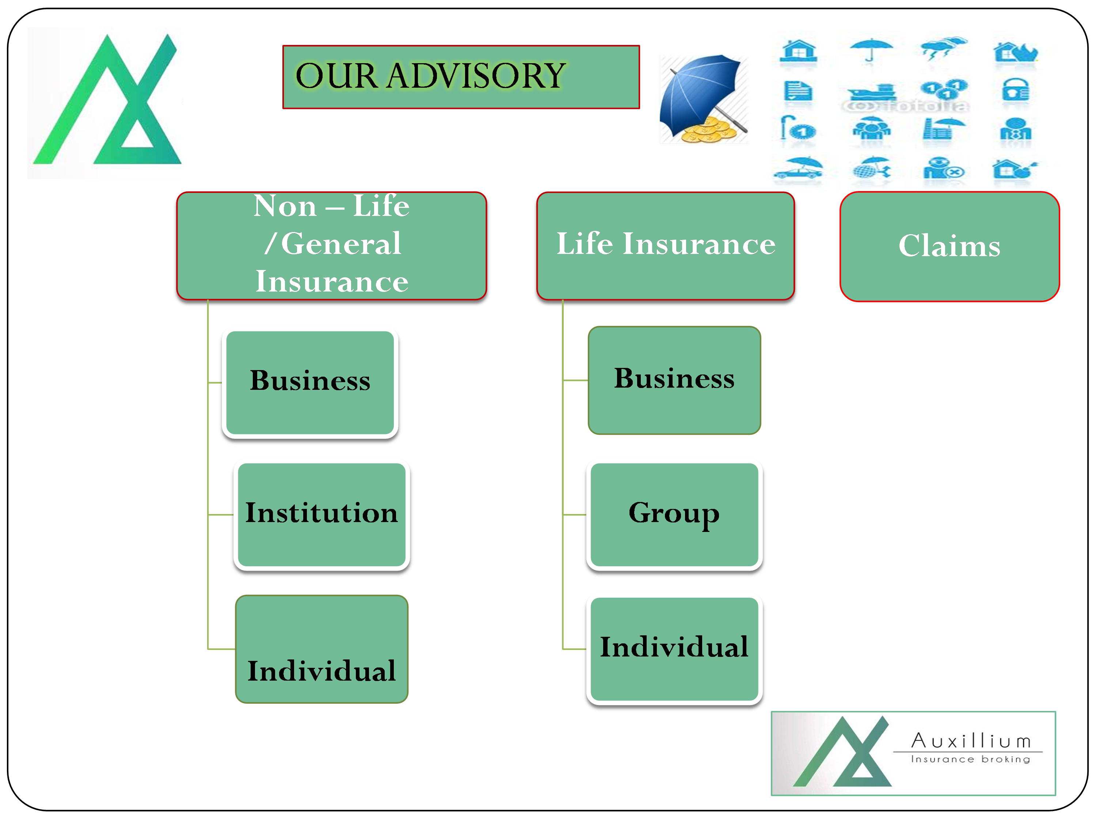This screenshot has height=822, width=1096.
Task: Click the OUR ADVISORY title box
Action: point(461,77)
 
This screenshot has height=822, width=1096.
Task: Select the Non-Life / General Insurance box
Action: point(331,246)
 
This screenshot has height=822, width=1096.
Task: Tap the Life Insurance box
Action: point(665,246)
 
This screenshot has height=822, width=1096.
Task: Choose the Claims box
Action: point(950,246)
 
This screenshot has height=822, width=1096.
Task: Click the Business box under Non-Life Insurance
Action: point(310,383)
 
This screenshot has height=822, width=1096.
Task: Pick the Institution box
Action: point(321,515)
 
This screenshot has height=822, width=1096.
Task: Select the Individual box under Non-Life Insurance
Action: point(321,649)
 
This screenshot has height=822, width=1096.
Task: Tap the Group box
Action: point(674,515)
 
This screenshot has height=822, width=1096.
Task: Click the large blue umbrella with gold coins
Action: point(704,99)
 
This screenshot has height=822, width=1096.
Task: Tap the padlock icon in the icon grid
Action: point(1015,90)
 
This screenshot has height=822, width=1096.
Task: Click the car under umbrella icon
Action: point(798,168)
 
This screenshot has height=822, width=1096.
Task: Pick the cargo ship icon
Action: point(872,92)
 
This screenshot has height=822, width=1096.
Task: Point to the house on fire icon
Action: point(1016,52)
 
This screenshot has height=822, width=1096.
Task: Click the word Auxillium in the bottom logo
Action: point(971,741)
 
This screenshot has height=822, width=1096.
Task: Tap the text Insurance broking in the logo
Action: point(970,759)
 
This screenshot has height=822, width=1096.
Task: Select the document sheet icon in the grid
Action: point(798,91)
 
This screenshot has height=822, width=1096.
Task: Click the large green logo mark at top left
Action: point(107,99)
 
